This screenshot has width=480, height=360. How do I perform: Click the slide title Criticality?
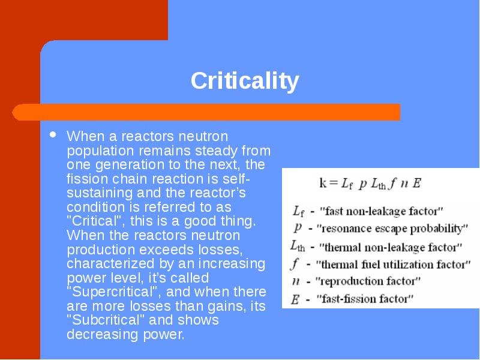(x=245, y=80)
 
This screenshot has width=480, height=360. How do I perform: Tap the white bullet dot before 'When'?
(x=53, y=134)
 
